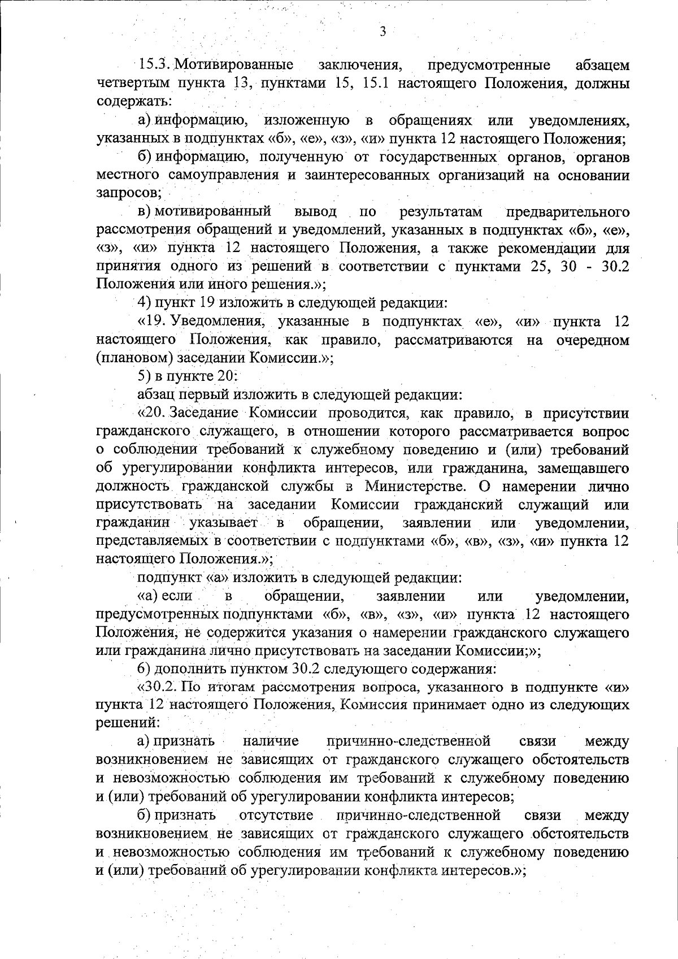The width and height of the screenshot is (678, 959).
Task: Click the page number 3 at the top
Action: tap(383, 32)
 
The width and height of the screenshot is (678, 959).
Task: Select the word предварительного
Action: tap(568, 212)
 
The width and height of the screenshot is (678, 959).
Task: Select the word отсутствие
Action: tap(276, 814)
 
